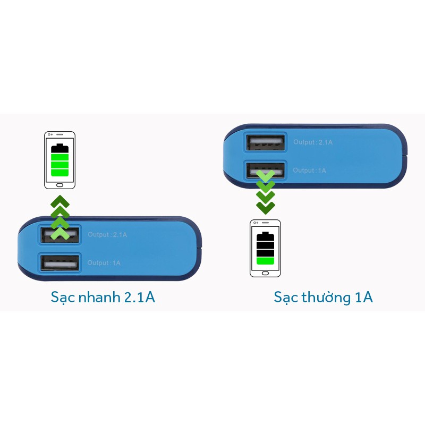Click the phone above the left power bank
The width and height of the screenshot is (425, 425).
click(x=59, y=160)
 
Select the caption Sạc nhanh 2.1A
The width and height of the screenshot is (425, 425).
click(x=103, y=297)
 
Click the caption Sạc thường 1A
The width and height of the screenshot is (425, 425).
click(x=323, y=297)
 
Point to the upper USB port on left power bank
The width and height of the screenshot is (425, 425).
click(x=59, y=234)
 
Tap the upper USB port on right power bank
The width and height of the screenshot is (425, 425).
click(x=266, y=142)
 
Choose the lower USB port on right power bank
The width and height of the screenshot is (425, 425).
click(x=266, y=170)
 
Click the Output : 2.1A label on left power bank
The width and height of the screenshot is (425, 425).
click(x=108, y=235)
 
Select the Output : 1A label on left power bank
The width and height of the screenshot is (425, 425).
click(x=104, y=263)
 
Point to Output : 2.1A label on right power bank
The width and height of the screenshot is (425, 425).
click(x=313, y=142)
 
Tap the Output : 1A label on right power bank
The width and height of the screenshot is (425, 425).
click(x=310, y=171)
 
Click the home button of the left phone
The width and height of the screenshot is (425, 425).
click(x=59, y=185)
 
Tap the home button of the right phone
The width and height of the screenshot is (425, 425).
click(x=266, y=273)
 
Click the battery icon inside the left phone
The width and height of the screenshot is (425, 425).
click(x=59, y=160)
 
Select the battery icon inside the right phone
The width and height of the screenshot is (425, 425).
click(x=265, y=248)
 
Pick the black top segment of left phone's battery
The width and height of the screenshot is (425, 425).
click(x=59, y=149)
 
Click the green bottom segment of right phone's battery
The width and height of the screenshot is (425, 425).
click(x=265, y=260)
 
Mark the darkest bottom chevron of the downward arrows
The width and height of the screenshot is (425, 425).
click(x=266, y=207)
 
